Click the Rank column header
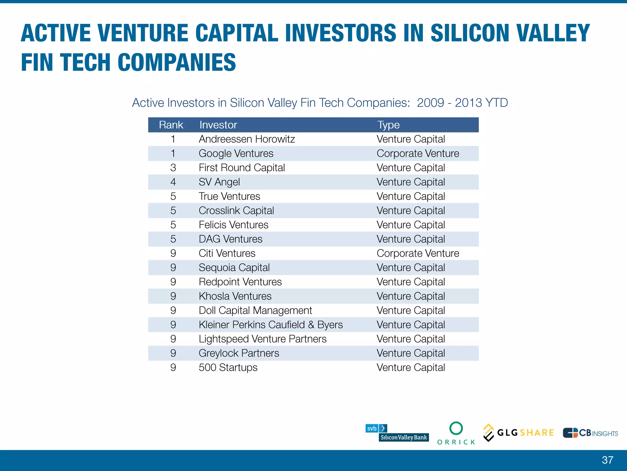[171, 125]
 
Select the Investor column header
[218, 125]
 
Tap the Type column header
[388, 125]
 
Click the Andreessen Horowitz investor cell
[247, 139]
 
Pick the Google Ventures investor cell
[236, 153]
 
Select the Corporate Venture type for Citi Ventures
[418, 253]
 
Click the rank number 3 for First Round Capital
[173, 168]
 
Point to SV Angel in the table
[219, 182]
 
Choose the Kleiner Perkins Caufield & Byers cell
[271, 325]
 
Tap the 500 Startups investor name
[228, 367]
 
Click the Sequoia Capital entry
[234, 268]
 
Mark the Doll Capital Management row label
[255, 310]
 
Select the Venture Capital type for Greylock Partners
[411, 353]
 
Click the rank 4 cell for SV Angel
[173, 182]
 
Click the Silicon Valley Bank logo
[397, 433]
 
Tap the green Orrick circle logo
[456, 428]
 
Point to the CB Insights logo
[590, 433]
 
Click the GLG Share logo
[519, 433]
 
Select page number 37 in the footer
[607, 460]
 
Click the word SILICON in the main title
[469, 33]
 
